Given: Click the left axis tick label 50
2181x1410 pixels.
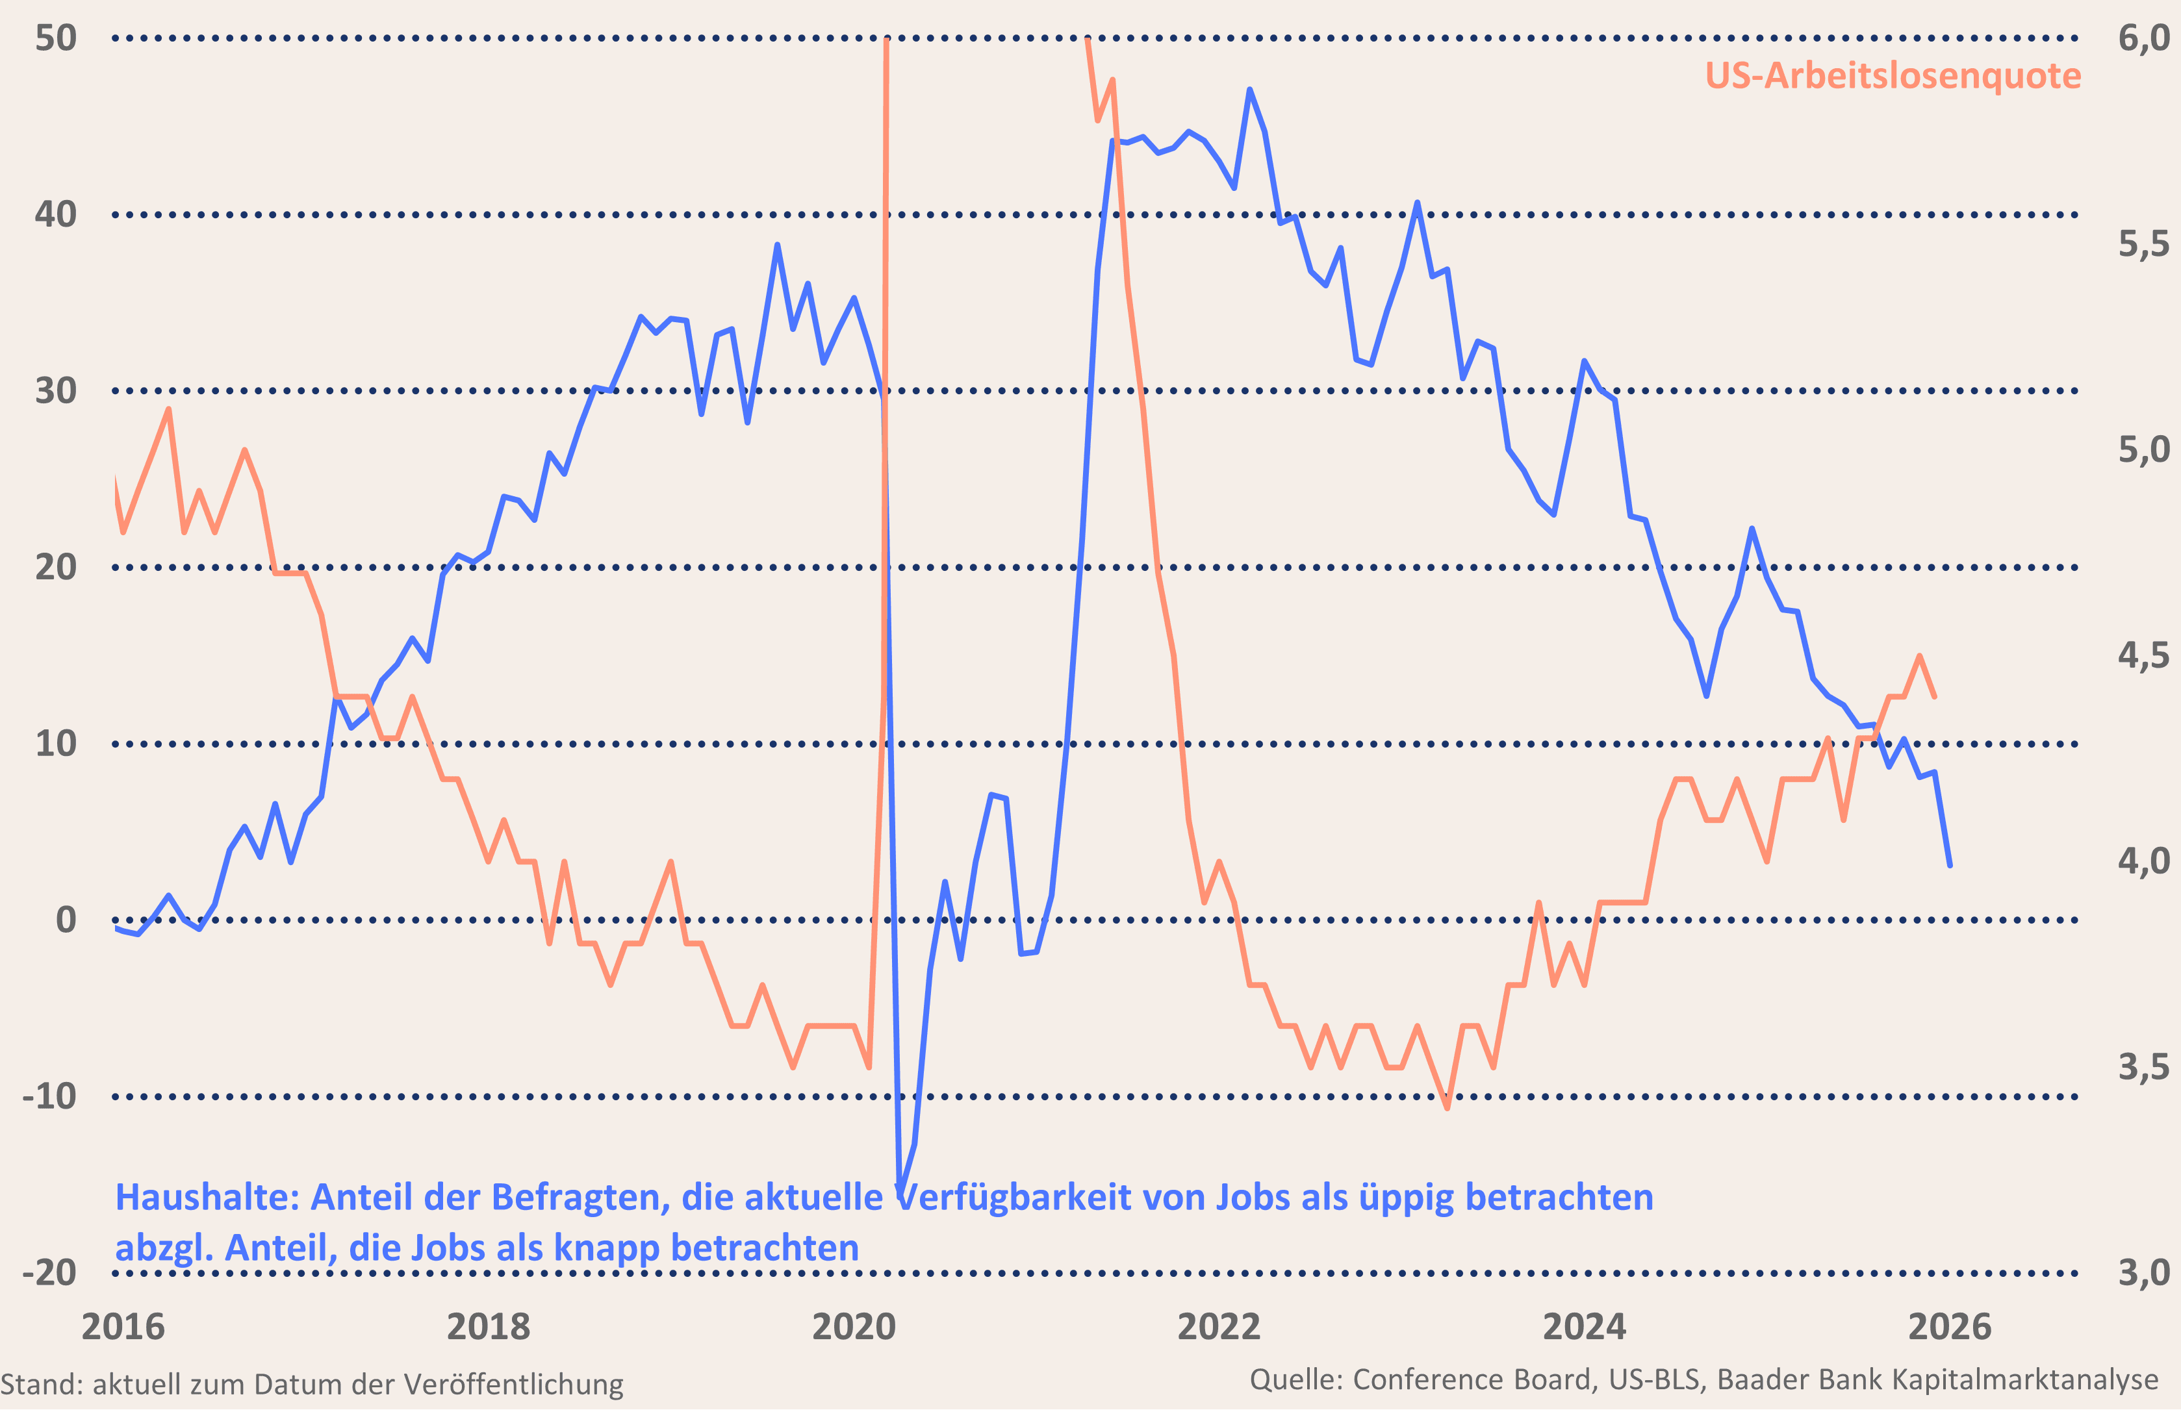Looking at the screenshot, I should click(x=56, y=38).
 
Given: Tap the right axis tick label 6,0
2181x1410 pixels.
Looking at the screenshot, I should click(x=2143, y=38).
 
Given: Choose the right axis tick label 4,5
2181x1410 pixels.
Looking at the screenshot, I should click(x=2143, y=655).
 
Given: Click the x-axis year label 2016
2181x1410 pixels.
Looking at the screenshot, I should click(x=123, y=1327).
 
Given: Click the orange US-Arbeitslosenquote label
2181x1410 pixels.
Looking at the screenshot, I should click(x=1893, y=76).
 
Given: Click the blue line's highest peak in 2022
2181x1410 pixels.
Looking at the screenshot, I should click(x=1250, y=90).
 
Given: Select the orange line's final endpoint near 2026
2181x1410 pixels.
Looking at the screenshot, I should click(x=1935, y=698).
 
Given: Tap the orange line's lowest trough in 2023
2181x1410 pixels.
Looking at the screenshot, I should click(x=1447, y=1109).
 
